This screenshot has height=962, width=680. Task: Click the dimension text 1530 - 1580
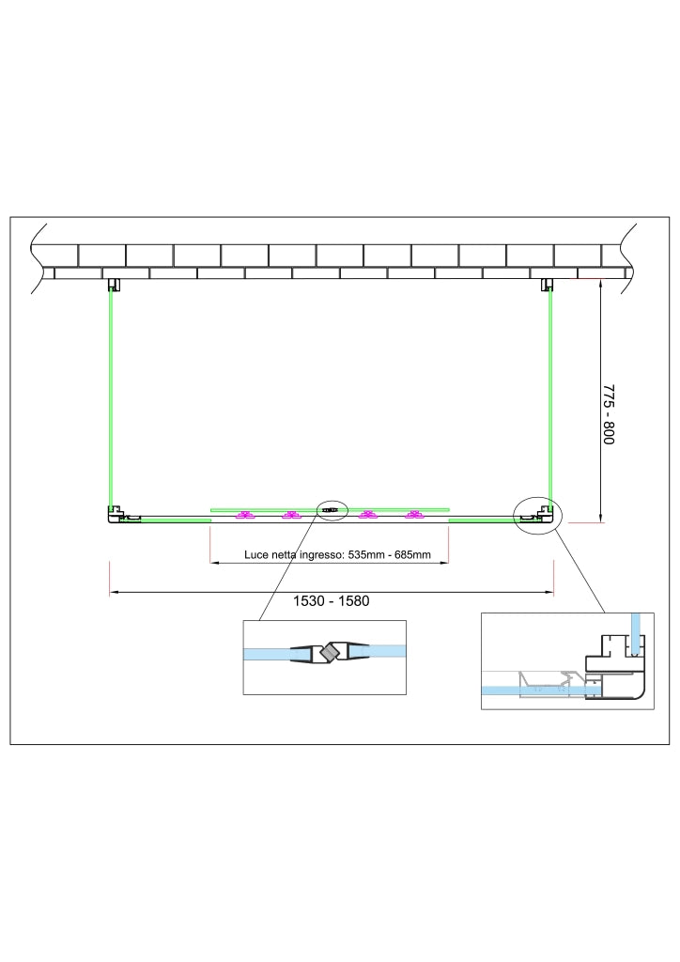332,600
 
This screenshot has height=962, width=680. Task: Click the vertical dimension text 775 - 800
609,414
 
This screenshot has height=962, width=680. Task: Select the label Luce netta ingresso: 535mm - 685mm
337,554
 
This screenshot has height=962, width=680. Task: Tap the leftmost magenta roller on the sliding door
245,516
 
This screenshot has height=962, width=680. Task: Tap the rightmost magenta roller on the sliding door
415,516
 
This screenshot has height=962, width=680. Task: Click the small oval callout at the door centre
332,510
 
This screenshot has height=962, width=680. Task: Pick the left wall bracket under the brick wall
114,286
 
